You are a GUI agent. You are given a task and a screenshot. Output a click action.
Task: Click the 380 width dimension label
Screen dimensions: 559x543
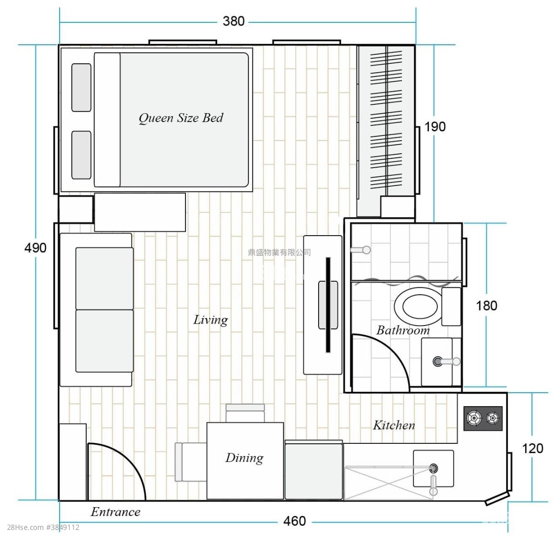(x=233, y=21)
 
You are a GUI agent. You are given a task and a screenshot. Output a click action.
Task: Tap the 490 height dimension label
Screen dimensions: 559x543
(x=35, y=248)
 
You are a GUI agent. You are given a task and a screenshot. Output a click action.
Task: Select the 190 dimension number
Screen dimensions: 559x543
(x=435, y=127)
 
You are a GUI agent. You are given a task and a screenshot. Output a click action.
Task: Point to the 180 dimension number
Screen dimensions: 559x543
(x=487, y=305)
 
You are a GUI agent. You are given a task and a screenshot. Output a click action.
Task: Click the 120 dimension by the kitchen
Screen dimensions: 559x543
(x=532, y=448)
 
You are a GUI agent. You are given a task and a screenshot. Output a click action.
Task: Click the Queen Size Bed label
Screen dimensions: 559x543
(x=181, y=118)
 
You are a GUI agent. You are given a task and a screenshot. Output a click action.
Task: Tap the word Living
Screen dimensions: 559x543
(x=211, y=320)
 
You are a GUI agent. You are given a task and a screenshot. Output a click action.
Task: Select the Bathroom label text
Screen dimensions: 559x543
(x=403, y=330)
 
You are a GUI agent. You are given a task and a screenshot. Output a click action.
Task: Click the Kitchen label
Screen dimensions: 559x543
(x=394, y=425)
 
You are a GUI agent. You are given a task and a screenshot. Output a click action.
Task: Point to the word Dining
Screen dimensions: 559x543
(x=244, y=458)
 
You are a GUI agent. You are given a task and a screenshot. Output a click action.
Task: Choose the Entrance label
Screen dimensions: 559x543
(x=116, y=512)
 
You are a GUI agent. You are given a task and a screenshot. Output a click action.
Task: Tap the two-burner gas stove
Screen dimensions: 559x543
(x=483, y=418)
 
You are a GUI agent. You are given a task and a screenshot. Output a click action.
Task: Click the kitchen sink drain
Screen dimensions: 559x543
(x=433, y=468)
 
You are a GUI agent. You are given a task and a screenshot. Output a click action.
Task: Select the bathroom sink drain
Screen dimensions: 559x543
(x=437, y=361)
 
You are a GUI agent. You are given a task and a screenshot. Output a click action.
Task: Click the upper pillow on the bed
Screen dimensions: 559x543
(x=82, y=88)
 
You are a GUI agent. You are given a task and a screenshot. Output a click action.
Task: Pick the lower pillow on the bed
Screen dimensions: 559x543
(x=82, y=155)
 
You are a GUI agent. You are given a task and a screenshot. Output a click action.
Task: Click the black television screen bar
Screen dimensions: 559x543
(x=328, y=305)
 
